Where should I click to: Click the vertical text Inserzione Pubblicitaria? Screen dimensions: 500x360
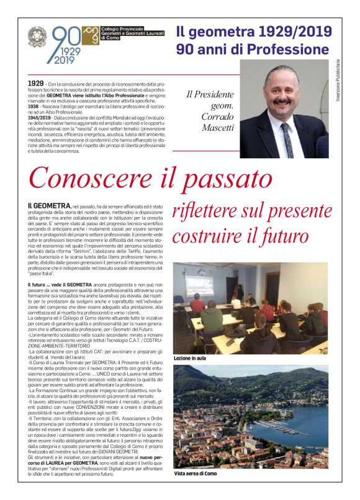[x=338, y=81]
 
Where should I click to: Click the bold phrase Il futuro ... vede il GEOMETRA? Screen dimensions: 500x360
[x=60, y=283]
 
